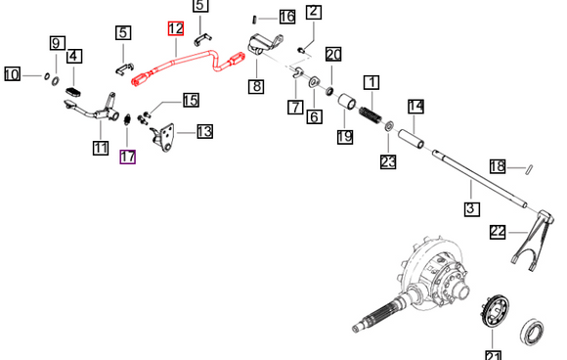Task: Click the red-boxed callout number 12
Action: pos(176,28)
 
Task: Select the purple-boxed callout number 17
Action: pos(128,157)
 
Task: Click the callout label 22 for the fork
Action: pos(498,232)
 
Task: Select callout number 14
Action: pos(415,107)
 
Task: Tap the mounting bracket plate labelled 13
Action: pos(163,138)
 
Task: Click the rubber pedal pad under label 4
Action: pos(73,92)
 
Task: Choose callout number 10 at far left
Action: pos(12,74)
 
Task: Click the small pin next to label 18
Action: pos(529,169)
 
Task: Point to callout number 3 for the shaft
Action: pos(471,209)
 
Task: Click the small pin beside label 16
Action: pos(254,19)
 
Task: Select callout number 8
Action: pos(256,86)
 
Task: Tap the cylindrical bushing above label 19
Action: pos(347,102)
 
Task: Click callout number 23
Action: pos(388,161)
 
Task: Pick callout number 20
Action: pos(333,55)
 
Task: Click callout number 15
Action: pos(191,100)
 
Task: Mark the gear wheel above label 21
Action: pos(497,311)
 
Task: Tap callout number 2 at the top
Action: pos(314,11)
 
